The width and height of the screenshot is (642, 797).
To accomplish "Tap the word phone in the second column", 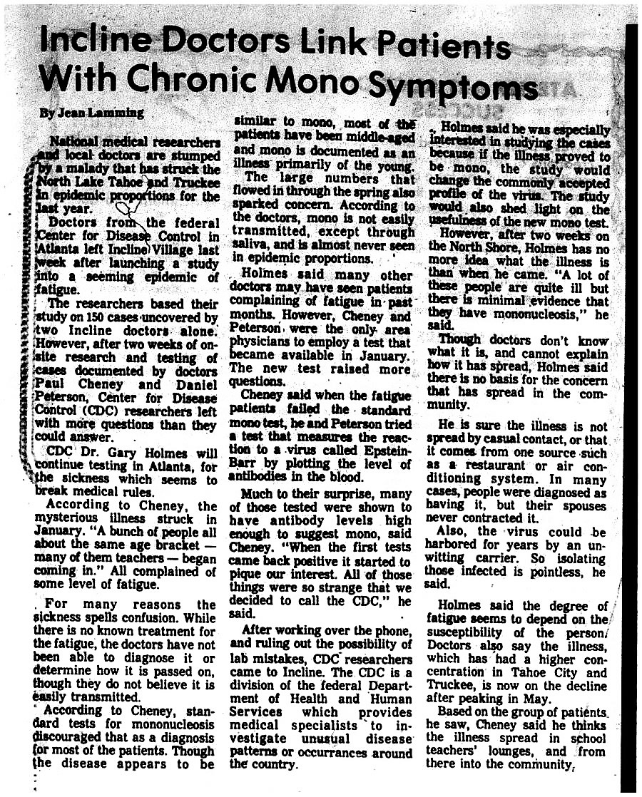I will click(x=389, y=630).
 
